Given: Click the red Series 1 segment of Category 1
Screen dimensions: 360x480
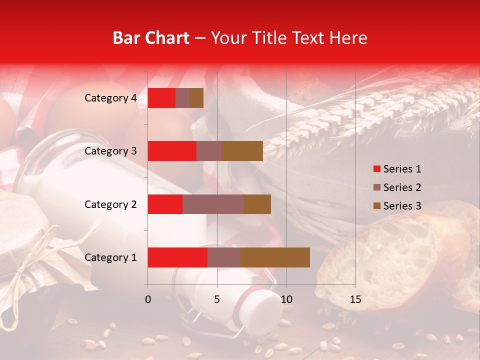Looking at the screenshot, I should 177,257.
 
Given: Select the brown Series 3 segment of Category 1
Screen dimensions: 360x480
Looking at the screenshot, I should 275,257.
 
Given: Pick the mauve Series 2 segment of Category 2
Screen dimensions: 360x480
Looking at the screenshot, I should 213,204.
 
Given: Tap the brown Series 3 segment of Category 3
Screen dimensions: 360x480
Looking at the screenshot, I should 242,151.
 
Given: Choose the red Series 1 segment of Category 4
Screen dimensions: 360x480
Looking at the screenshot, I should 161,98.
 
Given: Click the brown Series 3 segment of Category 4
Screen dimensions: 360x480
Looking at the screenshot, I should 196,98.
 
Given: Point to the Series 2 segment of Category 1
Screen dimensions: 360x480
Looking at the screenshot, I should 224,257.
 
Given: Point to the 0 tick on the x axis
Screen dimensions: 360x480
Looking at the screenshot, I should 147,299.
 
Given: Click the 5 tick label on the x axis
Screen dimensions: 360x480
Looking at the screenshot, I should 217,299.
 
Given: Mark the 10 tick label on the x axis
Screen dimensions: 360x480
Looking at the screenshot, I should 286,299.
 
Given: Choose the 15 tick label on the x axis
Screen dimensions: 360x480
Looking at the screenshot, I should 355,299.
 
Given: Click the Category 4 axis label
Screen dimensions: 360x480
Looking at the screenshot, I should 110,98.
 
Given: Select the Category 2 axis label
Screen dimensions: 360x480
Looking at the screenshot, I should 110,204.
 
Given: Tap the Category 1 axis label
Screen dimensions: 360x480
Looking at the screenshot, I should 110,257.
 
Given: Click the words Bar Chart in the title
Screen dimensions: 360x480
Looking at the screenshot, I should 151,38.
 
